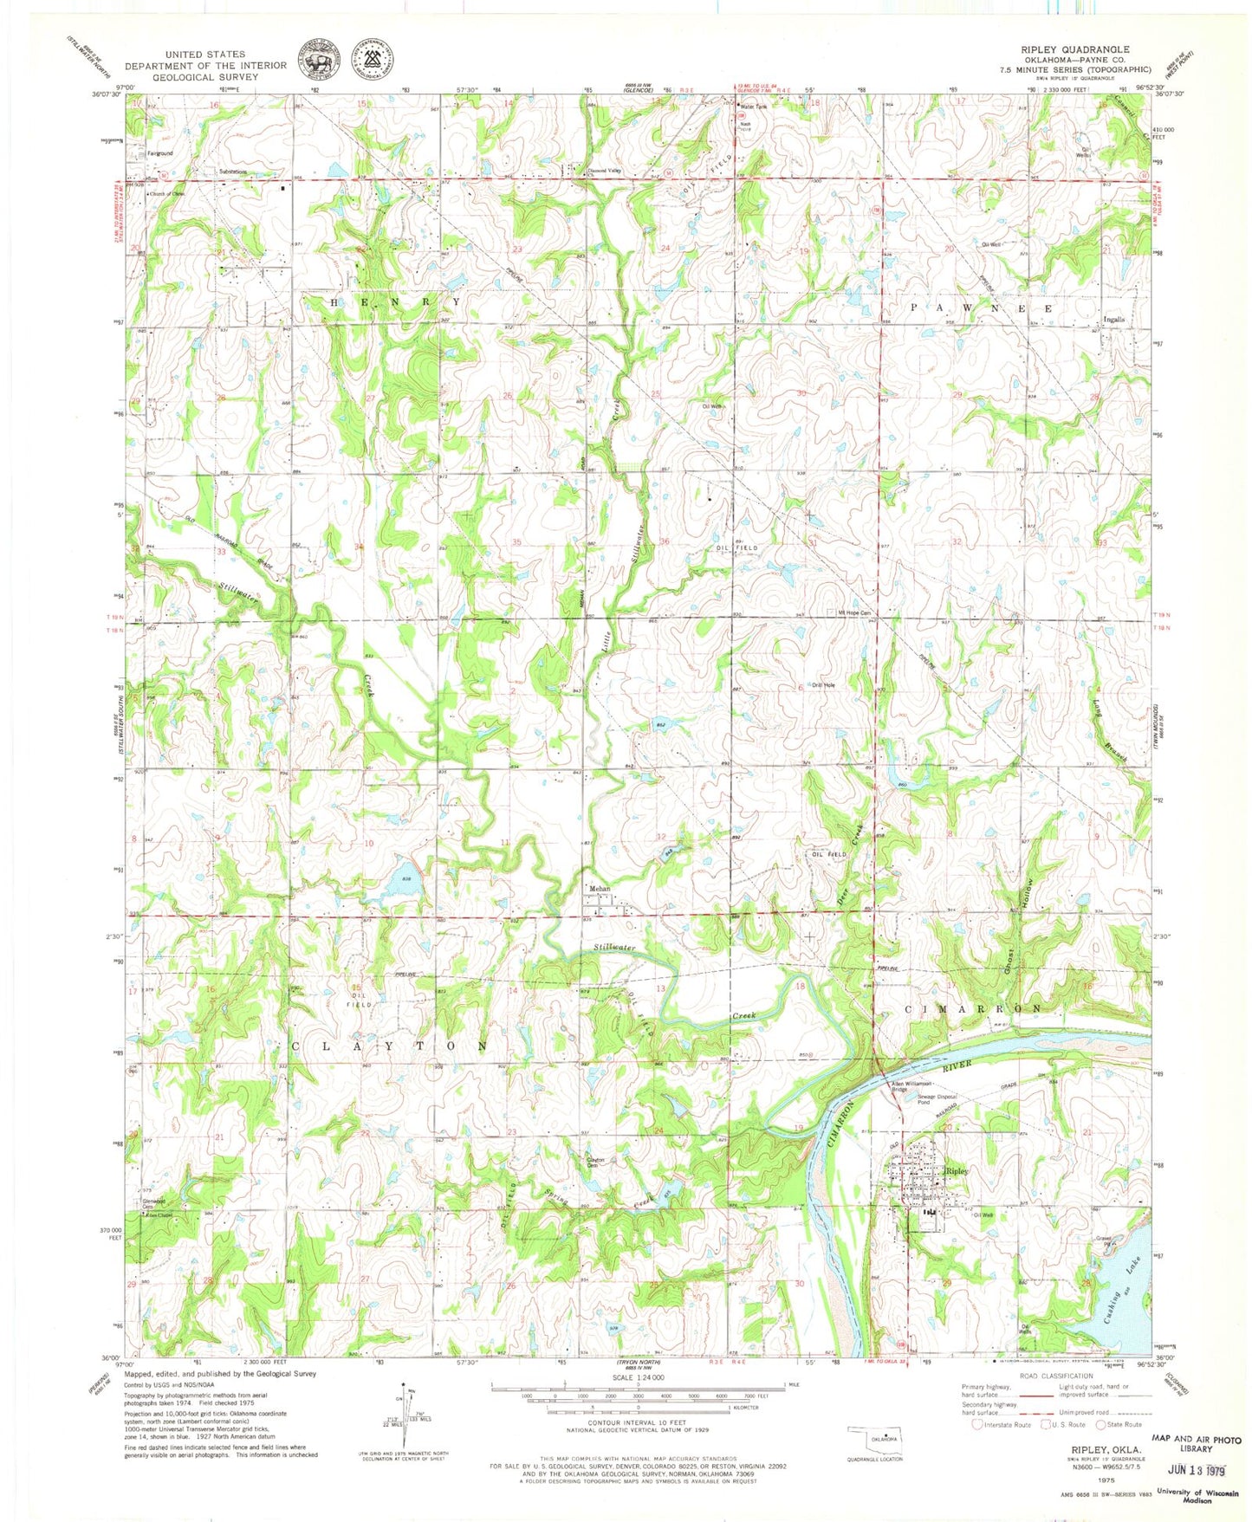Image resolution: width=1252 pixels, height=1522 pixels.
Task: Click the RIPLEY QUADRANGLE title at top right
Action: [x=1086, y=50]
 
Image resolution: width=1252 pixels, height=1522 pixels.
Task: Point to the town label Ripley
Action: [x=957, y=1171]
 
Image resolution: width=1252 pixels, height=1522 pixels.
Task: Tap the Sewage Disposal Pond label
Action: [x=937, y=1099]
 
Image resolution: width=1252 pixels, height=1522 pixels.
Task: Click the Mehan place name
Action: [x=600, y=889]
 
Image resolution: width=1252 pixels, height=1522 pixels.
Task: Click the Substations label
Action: [x=233, y=172]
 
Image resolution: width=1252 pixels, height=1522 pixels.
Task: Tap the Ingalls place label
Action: [x=1114, y=320]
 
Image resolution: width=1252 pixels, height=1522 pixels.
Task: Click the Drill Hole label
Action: [x=823, y=685]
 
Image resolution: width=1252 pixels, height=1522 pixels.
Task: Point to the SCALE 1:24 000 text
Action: [x=639, y=1377]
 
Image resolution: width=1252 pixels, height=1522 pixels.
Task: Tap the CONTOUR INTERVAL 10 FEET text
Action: [x=638, y=1422]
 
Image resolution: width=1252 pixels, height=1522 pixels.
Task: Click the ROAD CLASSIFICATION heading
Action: [x=1056, y=1376]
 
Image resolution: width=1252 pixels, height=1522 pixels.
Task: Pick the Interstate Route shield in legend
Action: [x=978, y=1424]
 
